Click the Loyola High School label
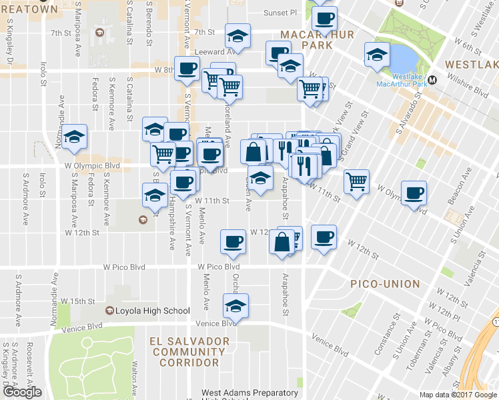pos(153,311)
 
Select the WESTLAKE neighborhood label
pos(471,65)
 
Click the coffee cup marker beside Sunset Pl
pos(324,18)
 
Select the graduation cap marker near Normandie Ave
pos(75,137)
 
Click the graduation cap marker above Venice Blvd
pos(235,305)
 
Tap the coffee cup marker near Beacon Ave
pos(414,192)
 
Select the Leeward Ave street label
pos(213,51)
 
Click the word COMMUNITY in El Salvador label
pos(189,352)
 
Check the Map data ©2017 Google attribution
pos(457,395)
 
